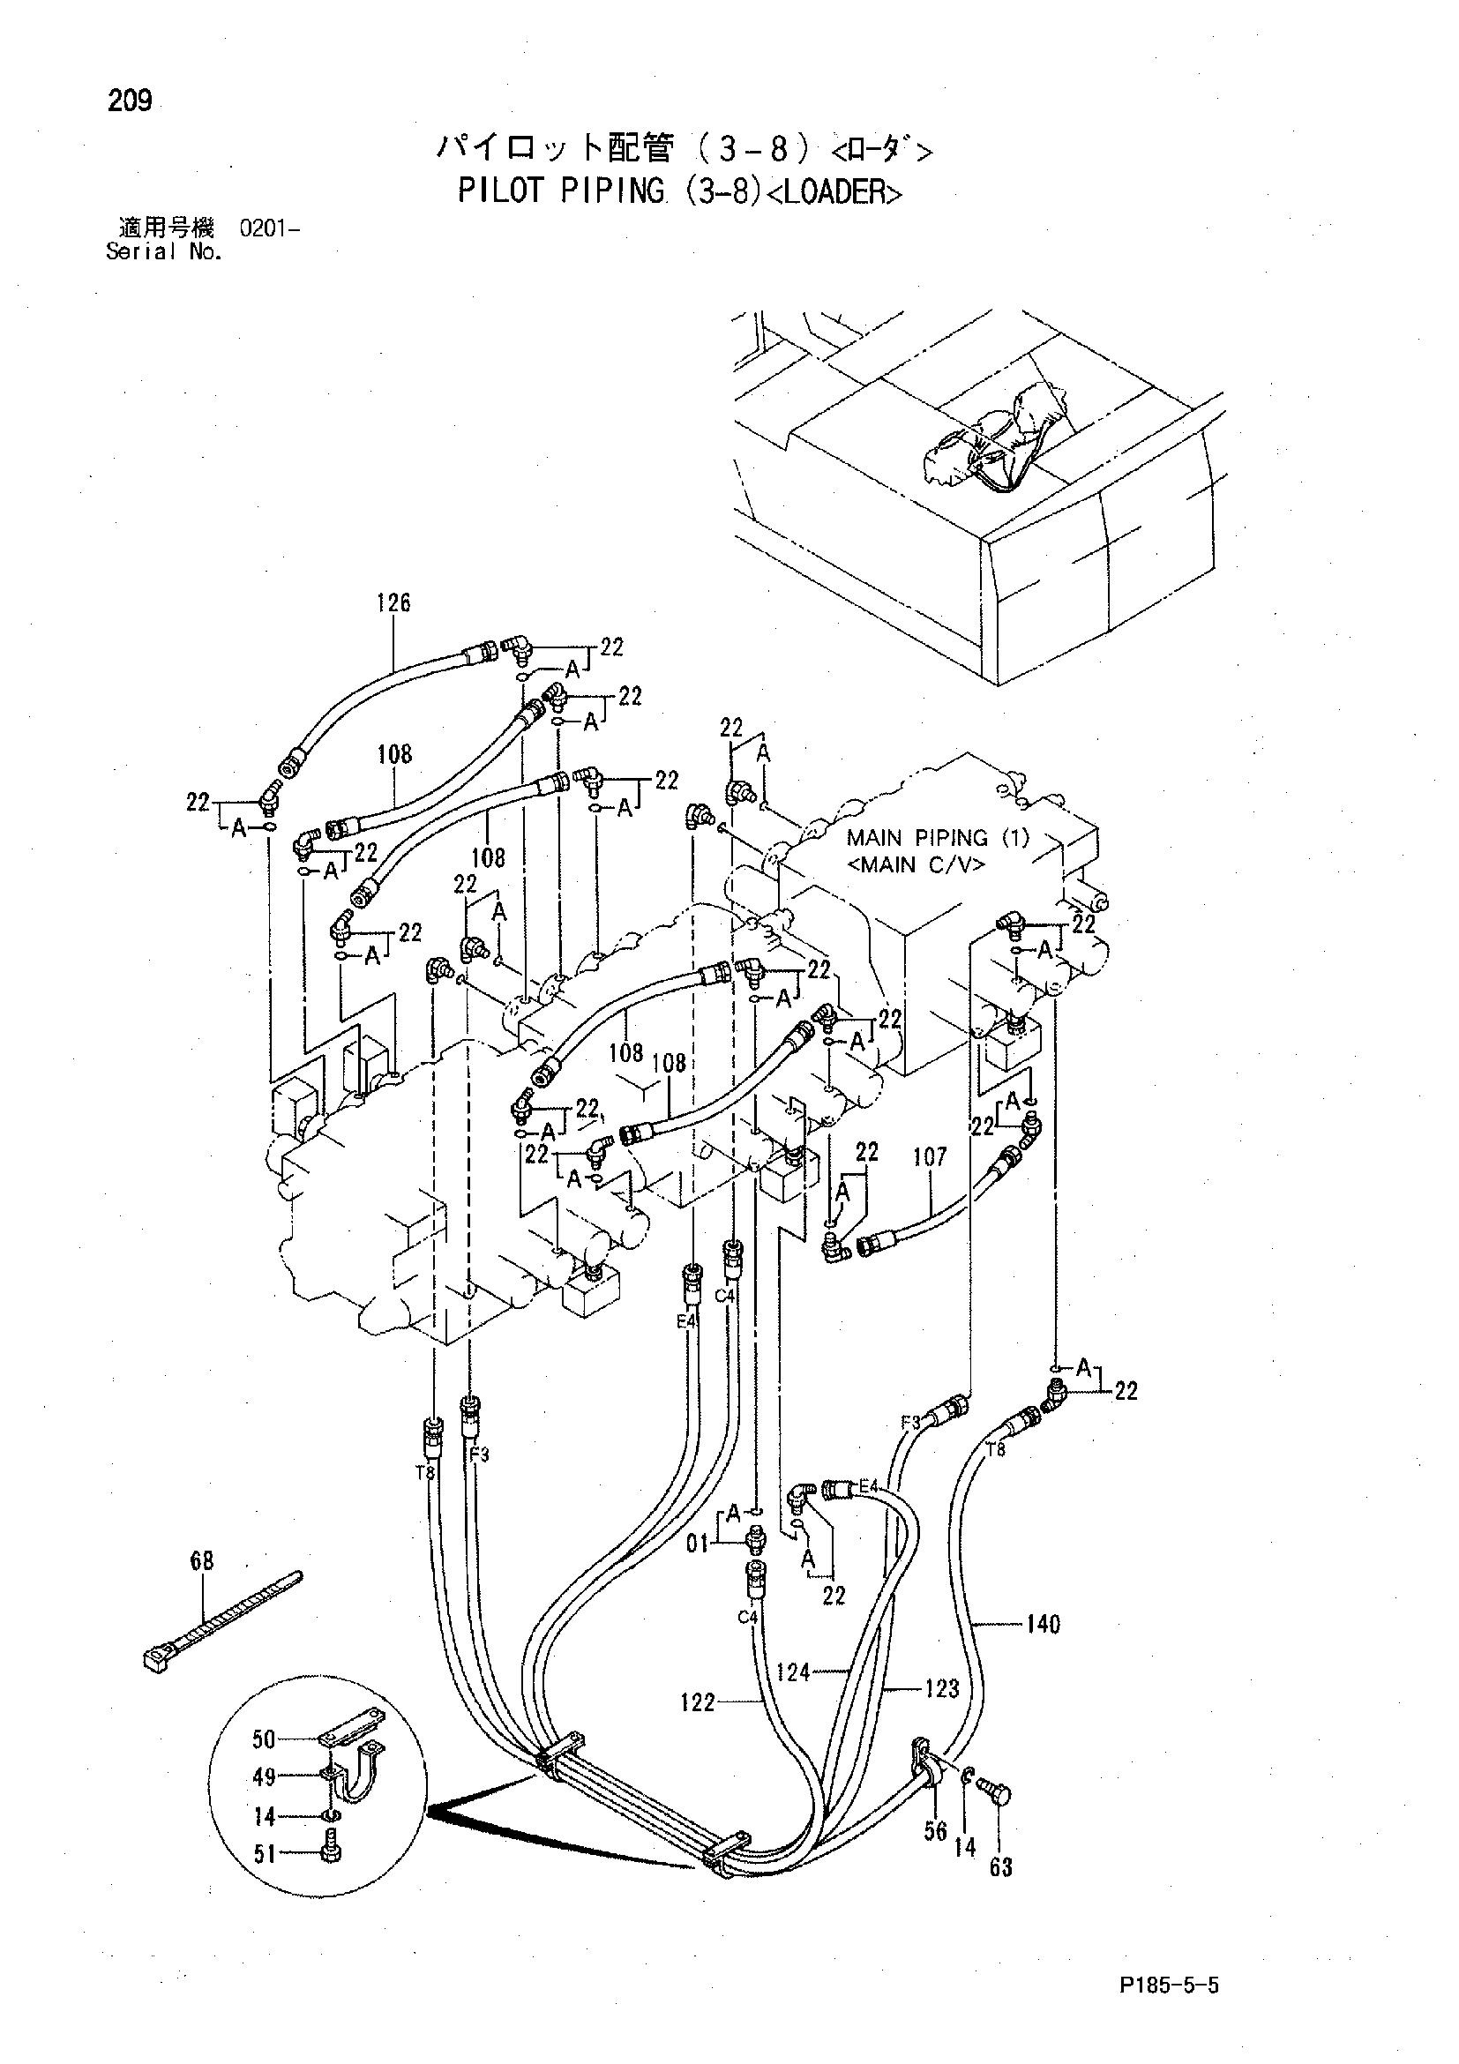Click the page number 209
[x=130, y=101]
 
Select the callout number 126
[x=393, y=602]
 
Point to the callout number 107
[x=930, y=1156]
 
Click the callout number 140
[x=1043, y=1624]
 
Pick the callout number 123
[x=942, y=1689]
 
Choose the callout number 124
[x=793, y=1672]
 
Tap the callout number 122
[x=698, y=1701]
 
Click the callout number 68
[x=202, y=1560]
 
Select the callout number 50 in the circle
[x=264, y=1739]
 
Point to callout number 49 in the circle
[x=264, y=1777]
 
